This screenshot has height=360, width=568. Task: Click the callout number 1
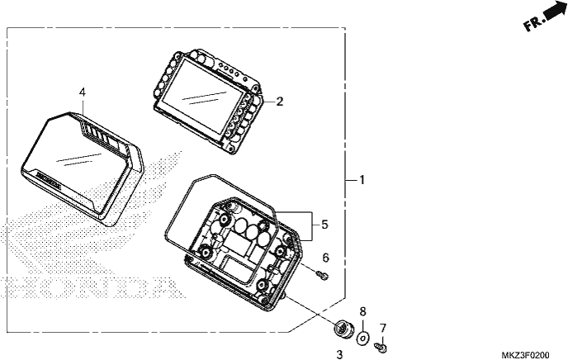click(x=362, y=180)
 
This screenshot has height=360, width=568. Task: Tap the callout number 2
click(x=279, y=102)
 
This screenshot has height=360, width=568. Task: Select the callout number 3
click(x=339, y=354)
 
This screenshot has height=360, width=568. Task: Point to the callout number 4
click(x=83, y=92)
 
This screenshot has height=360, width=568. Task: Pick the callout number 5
click(x=324, y=225)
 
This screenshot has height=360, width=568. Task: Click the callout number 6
click(x=325, y=258)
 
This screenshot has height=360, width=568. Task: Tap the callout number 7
click(x=383, y=328)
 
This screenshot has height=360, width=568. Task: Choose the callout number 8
click(x=362, y=311)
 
